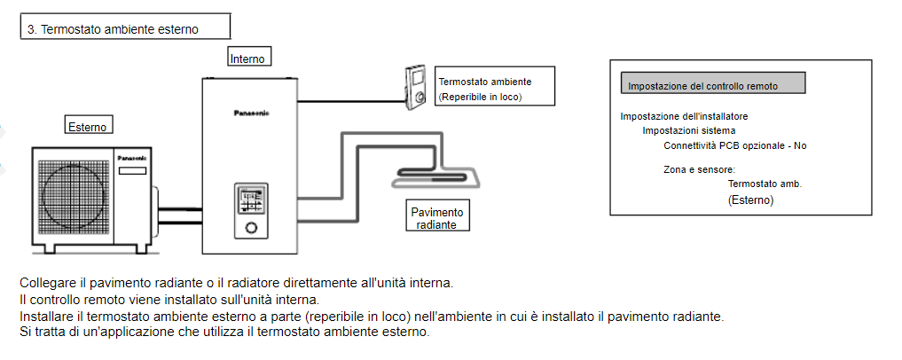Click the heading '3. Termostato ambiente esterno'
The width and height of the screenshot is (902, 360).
click(113, 29)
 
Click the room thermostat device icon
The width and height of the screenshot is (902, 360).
click(416, 88)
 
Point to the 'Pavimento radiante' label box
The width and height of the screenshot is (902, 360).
click(436, 217)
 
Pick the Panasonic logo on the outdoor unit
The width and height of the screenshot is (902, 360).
click(129, 157)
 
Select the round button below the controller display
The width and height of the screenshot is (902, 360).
click(252, 227)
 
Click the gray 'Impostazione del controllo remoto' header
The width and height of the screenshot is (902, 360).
click(712, 85)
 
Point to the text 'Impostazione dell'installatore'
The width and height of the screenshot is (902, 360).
click(684, 116)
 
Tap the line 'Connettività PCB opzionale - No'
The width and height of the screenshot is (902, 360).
click(735, 145)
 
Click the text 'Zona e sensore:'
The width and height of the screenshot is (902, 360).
click(699, 168)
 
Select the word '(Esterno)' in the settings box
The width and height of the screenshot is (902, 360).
click(750, 201)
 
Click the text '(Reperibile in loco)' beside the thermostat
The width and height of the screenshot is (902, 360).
click(480, 97)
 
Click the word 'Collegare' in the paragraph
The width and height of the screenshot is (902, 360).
click(44, 283)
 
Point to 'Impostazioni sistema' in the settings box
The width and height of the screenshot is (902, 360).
click(688, 130)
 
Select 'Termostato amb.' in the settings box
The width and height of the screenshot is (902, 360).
click(765, 184)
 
